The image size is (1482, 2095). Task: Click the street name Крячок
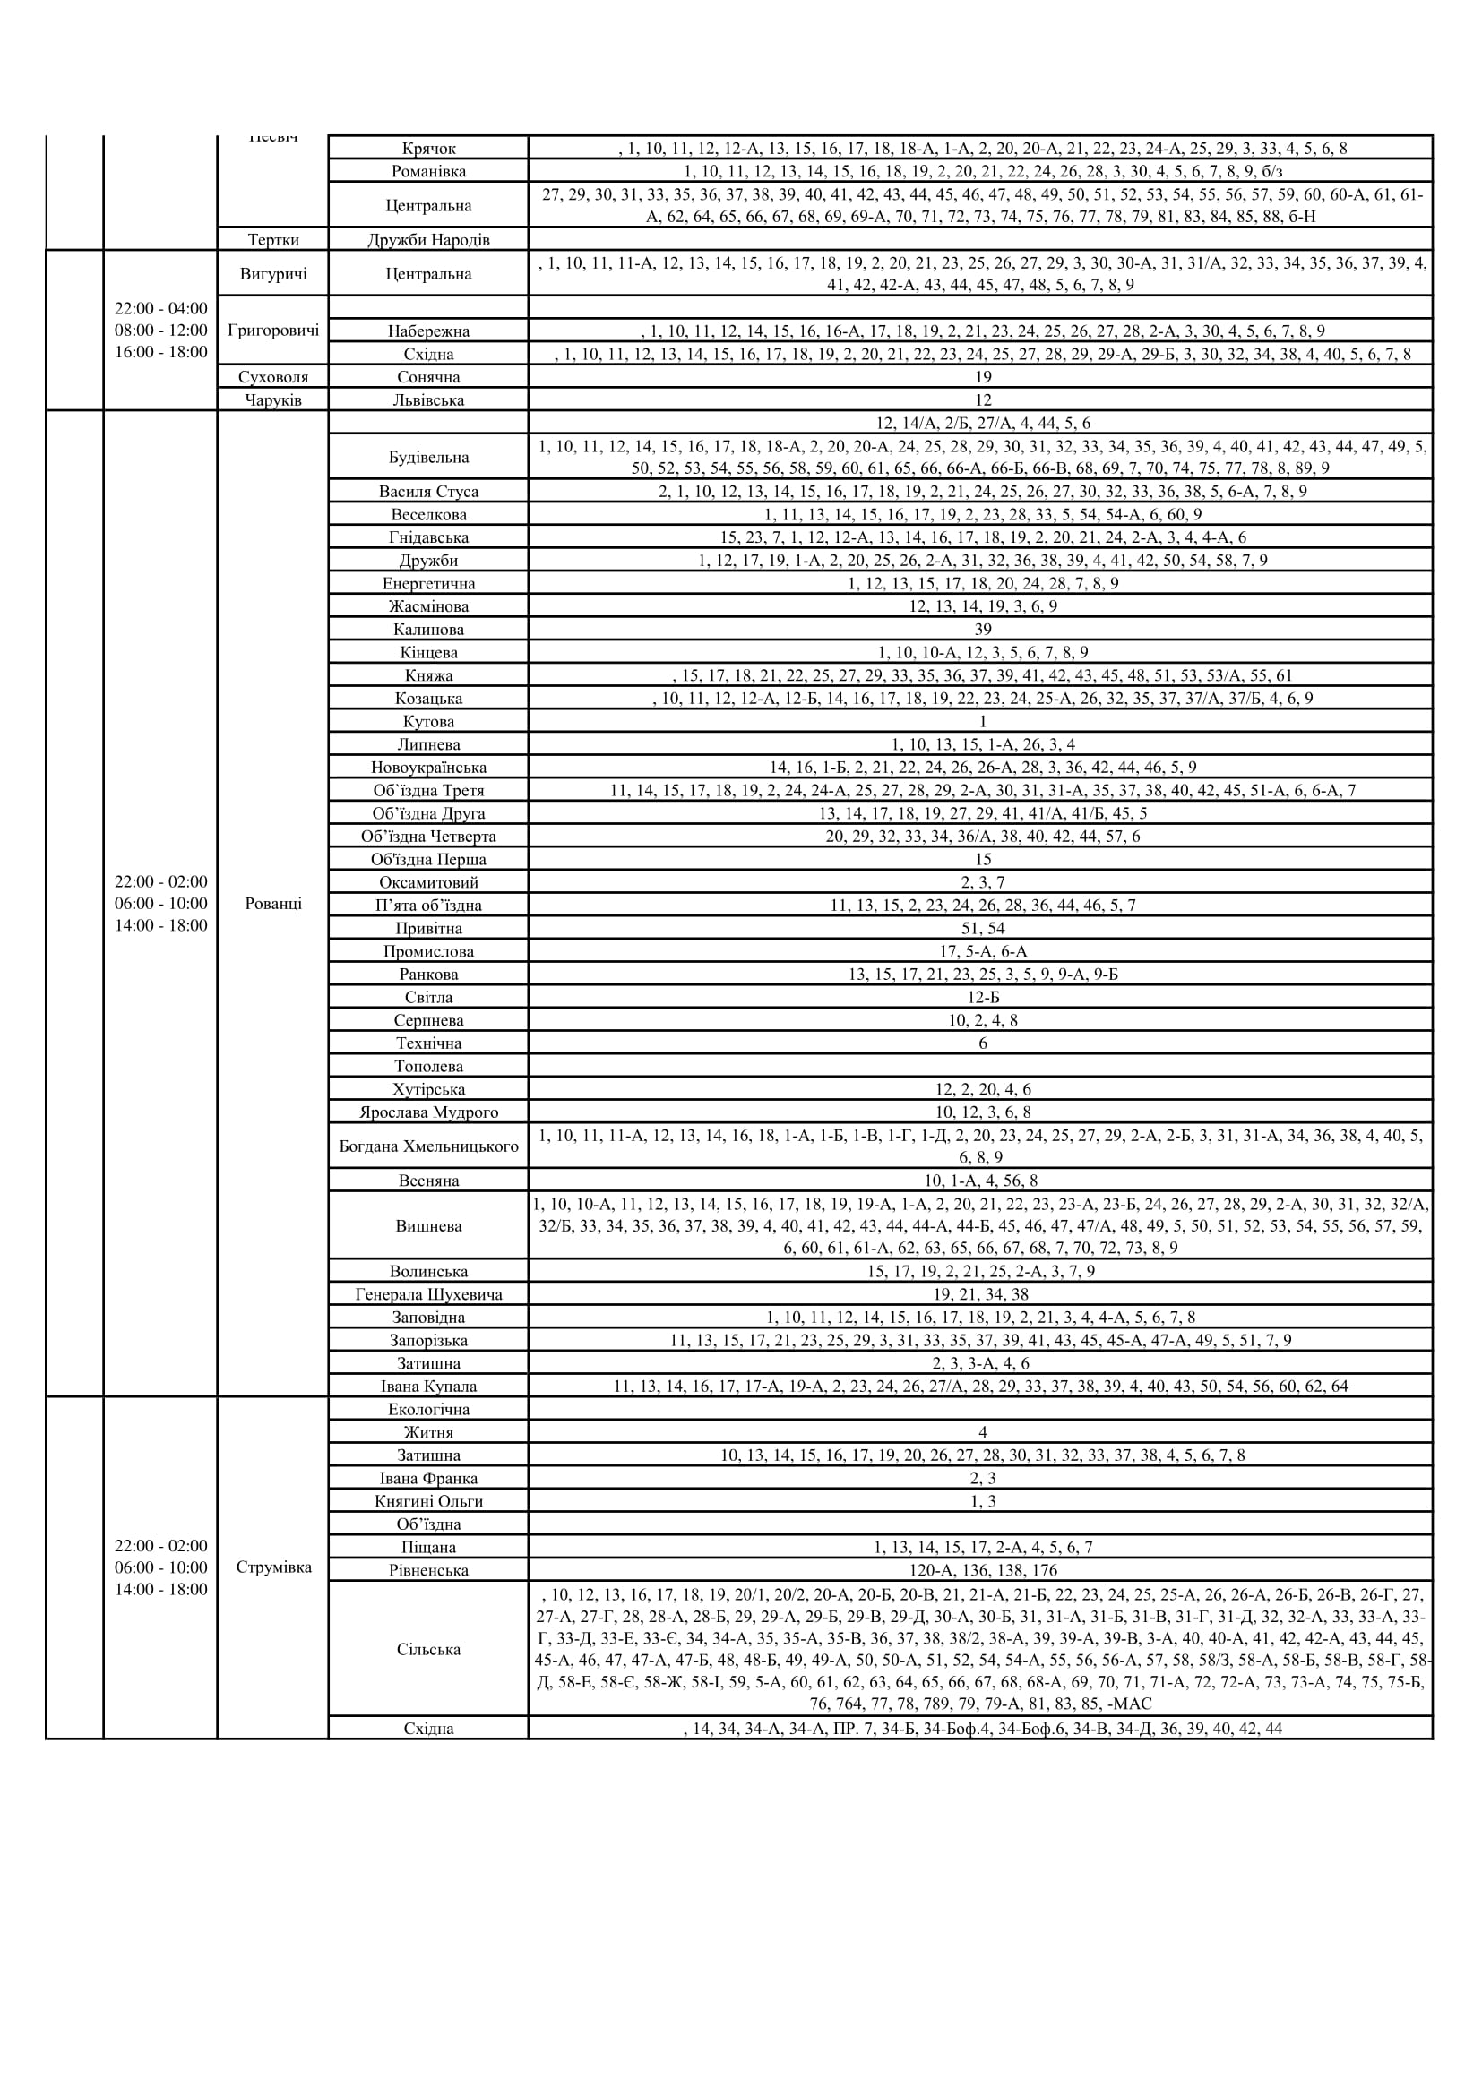(428, 148)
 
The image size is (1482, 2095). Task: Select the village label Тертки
(273, 240)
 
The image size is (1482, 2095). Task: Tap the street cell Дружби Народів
(428, 240)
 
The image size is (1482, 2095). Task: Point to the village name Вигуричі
(273, 274)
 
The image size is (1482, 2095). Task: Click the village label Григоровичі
(273, 331)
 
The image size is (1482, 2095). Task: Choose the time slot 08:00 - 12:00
(161, 331)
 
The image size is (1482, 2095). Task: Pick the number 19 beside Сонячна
(982, 377)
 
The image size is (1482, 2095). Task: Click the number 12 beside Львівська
(982, 399)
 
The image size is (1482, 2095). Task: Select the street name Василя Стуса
(428, 492)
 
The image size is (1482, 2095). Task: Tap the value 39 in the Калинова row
(982, 630)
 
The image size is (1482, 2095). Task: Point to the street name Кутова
(428, 722)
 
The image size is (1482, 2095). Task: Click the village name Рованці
(273, 904)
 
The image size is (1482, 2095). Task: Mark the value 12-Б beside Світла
(982, 997)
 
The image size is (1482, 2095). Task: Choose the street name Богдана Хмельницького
(428, 1146)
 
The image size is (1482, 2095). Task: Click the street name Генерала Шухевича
(428, 1294)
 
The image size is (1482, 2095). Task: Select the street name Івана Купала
(428, 1386)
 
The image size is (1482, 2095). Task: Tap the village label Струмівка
(273, 1567)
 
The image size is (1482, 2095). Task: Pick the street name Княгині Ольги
(428, 1501)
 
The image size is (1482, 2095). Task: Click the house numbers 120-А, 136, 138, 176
(982, 1570)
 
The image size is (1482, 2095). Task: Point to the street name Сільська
(428, 1650)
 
